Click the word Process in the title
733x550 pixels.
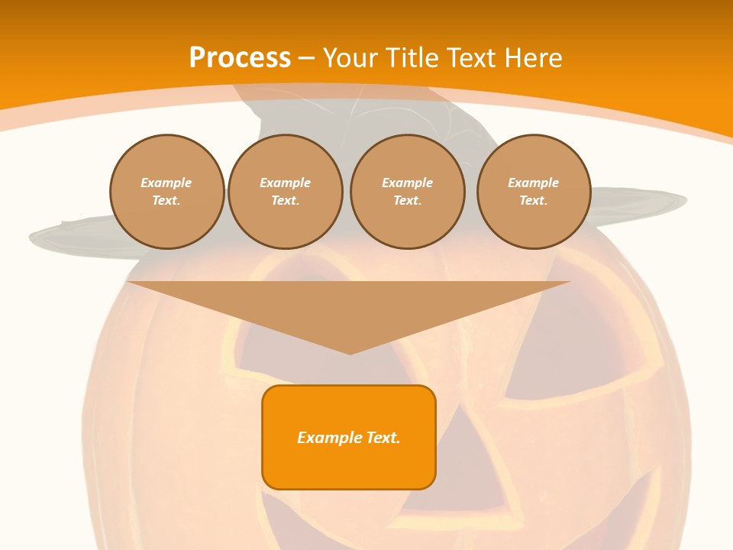pyautogui.click(x=240, y=58)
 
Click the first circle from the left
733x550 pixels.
pyautogui.click(x=166, y=192)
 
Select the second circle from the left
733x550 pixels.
pyautogui.click(x=285, y=192)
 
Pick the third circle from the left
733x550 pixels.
pyautogui.click(x=407, y=192)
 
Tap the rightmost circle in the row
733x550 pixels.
pyautogui.click(x=534, y=192)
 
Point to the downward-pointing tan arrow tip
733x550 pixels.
pyautogui.click(x=350, y=351)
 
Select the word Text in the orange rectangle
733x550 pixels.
pyautogui.click(x=383, y=438)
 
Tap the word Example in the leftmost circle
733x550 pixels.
pyautogui.click(x=166, y=183)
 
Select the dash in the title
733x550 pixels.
pyautogui.click(x=307, y=58)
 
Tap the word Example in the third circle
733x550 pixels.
pyautogui.click(x=407, y=183)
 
